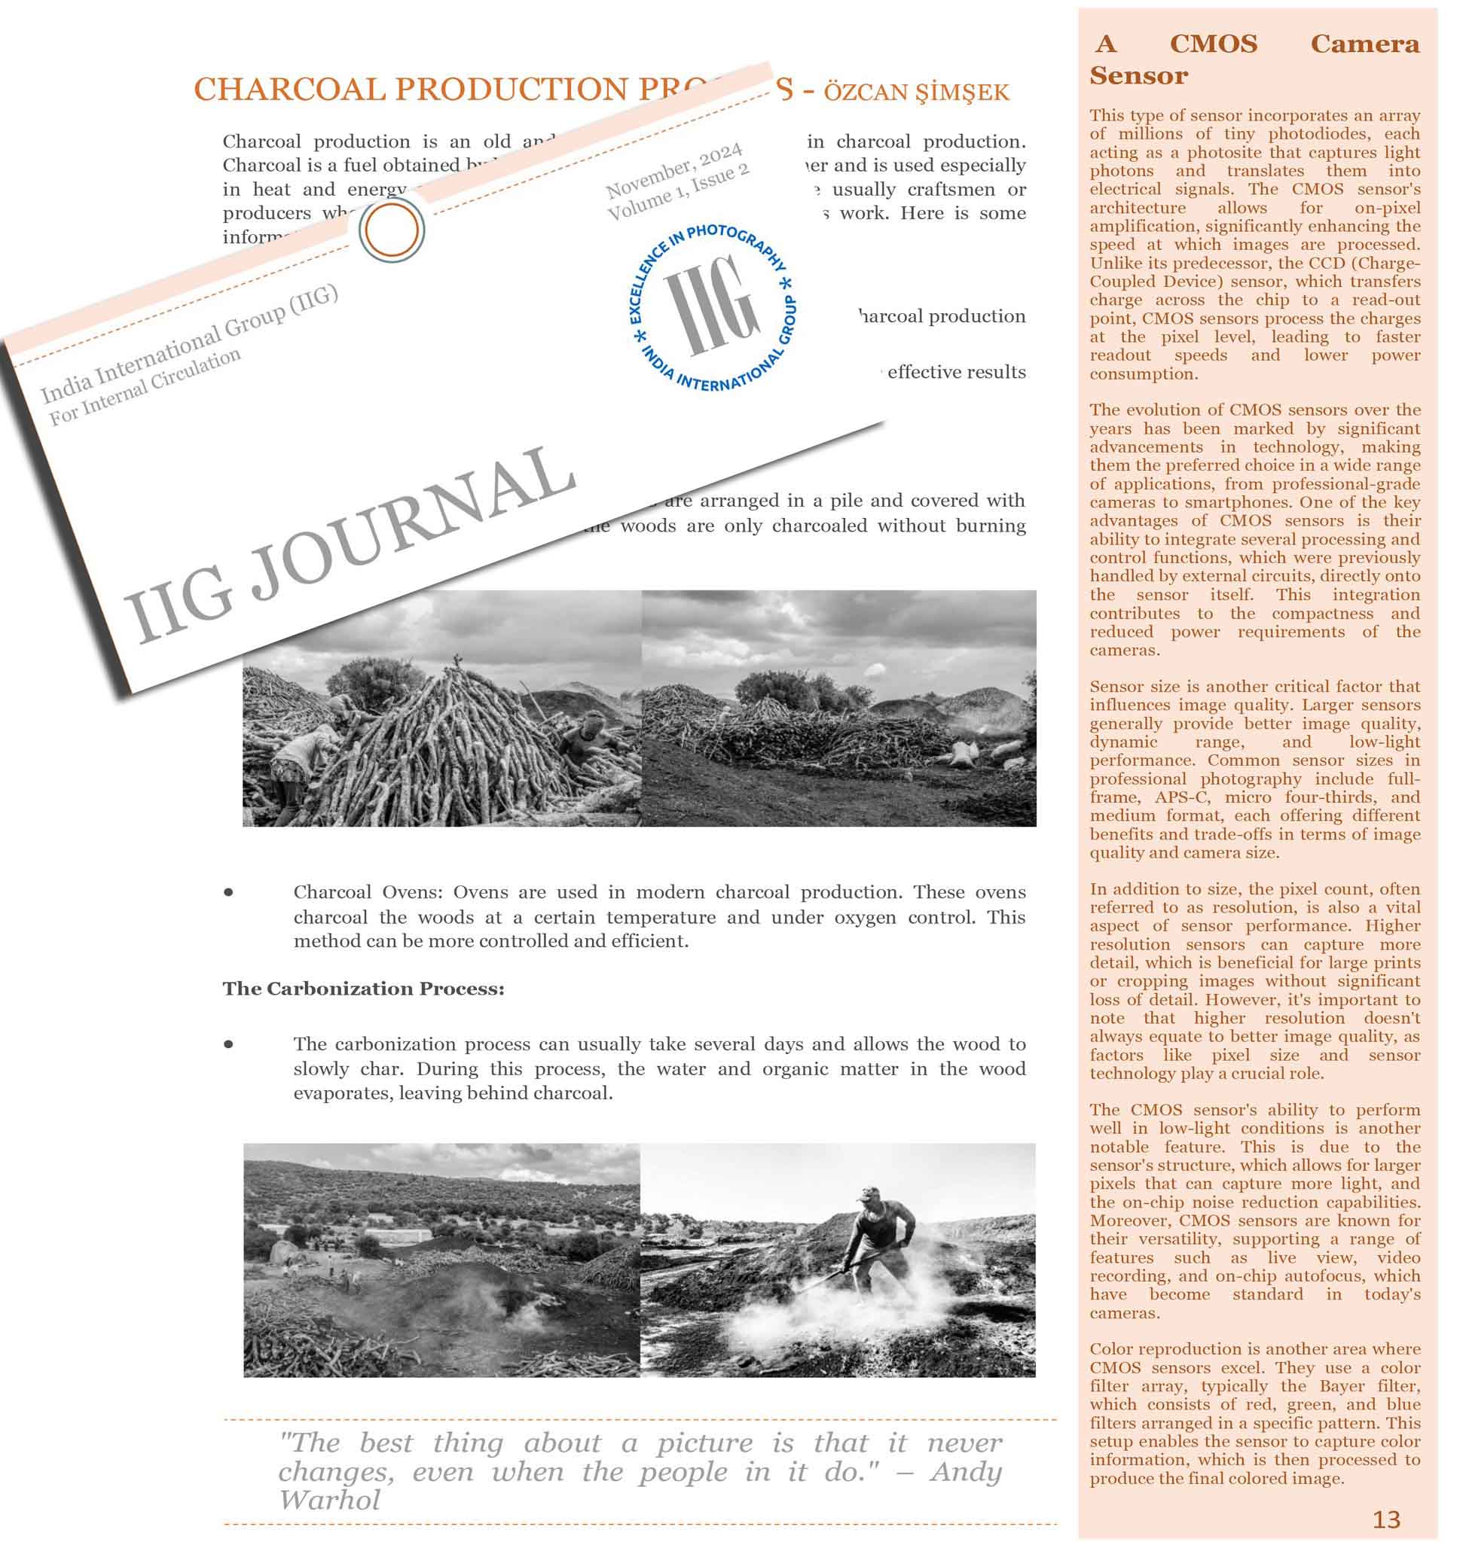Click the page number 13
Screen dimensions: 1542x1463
tap(1386, 1519)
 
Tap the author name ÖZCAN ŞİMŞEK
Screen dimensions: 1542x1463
tap(916, 93)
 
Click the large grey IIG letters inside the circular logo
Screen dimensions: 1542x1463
tap(710, 305)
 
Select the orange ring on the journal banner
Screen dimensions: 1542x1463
tap(392, 230)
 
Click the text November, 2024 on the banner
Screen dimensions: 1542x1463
tap(674, 171)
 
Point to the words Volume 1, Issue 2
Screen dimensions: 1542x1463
tap(679, 193)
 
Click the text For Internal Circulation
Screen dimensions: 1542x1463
tap(145, 387)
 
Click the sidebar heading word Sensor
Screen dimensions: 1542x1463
tap(1138, 76)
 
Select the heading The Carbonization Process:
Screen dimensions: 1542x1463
tap(363, 989)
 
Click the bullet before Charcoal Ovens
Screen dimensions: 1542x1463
tap(228, 891)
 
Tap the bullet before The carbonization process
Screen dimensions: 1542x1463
tap(228, 1044)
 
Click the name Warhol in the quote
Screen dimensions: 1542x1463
tap(329, 1500)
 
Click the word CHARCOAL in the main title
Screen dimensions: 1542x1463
tap(289, 90)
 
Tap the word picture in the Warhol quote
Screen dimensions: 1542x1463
tap(704, 1443)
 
